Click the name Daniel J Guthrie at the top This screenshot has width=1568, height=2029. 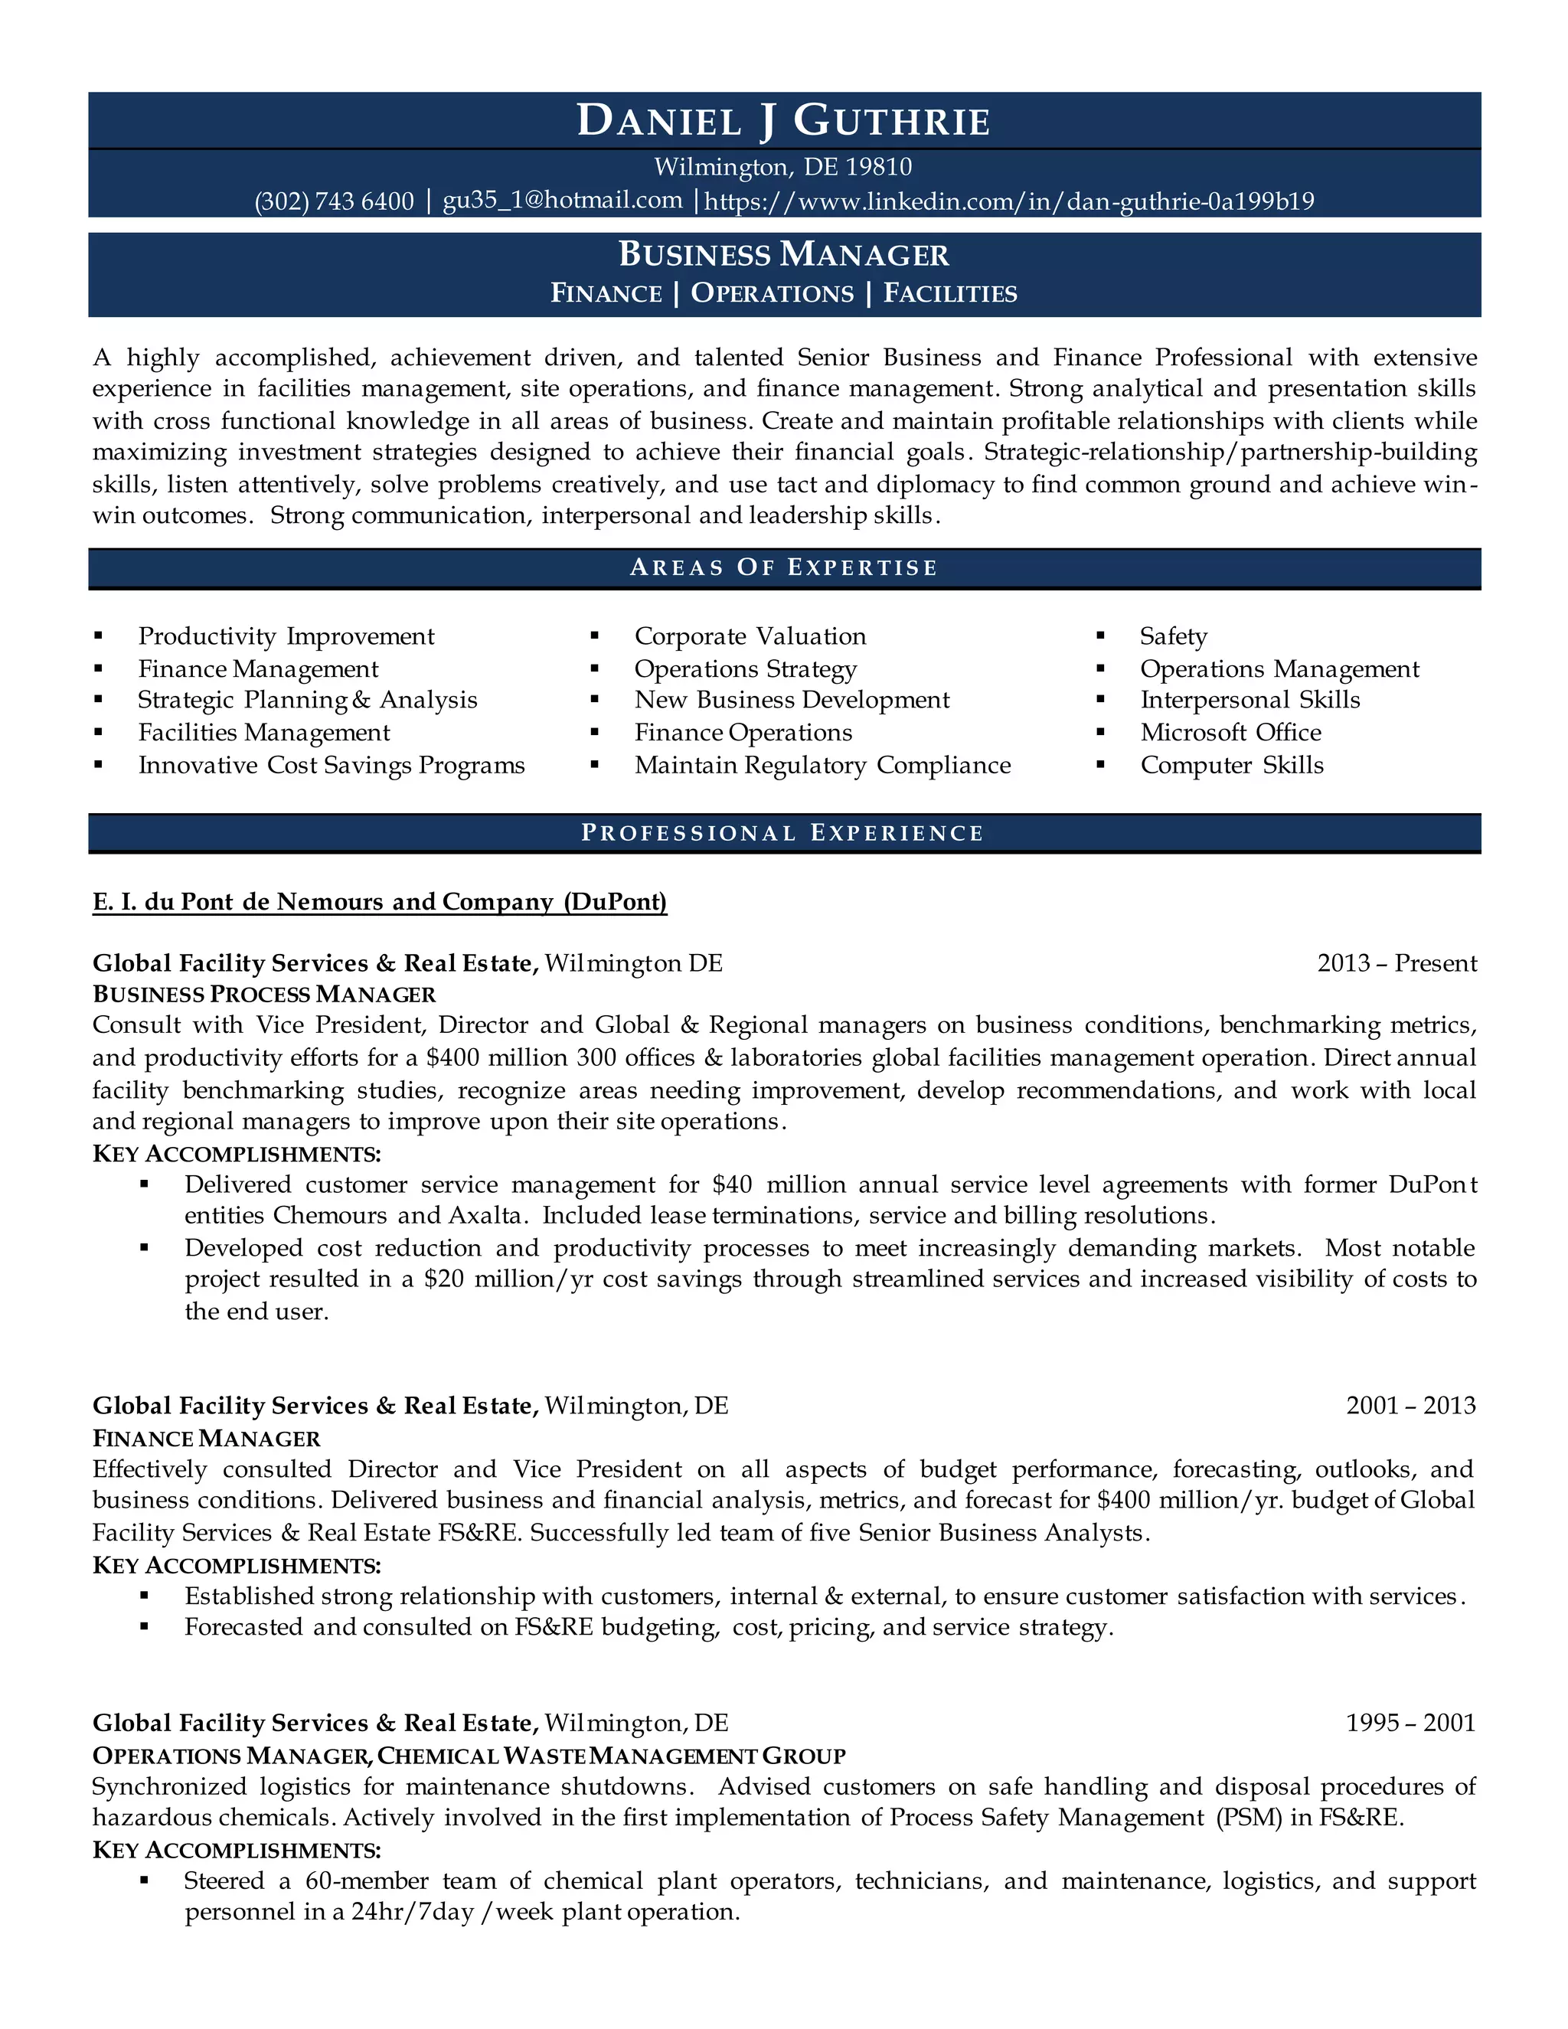tap(783, 121)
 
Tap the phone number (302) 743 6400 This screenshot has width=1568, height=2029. tap(335, 201)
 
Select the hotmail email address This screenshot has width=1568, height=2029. tap(562, 200)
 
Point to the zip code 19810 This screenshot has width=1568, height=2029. tap(879, 167)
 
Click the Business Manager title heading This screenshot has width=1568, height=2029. tap(783, 254)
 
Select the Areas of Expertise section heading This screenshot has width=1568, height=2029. tap(783, 567)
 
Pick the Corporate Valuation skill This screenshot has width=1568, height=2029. tap(750, 636)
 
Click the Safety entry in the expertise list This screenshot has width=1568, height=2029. tap(1173, 636)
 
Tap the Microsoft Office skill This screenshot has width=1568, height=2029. tap(1231, 732)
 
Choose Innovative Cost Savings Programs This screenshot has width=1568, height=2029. tap(332, 766)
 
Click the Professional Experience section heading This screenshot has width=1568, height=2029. tap(783, 833)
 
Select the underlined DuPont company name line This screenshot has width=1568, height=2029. tap(380, 902)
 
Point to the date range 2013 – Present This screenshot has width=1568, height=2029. tap(1396, 963)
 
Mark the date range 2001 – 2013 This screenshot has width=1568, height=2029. tap(1410, 1406)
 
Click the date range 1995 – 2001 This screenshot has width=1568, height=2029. tap(1410, 1724)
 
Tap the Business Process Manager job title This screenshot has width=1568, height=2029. tap(264, 995)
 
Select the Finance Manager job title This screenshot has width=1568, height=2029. tap(206, 1438)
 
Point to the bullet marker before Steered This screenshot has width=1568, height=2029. tap(144, 1880)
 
